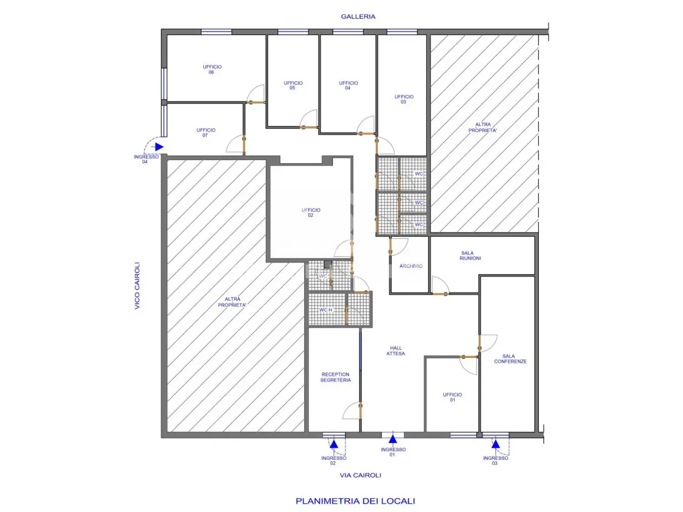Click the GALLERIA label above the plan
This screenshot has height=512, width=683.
click(358, 17)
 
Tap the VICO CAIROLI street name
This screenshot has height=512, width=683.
click(137, 286)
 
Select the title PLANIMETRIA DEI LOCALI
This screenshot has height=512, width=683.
click(355, 501)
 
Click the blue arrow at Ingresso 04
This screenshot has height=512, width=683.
click(159, 147)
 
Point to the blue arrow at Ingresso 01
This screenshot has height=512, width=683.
click(393, 439)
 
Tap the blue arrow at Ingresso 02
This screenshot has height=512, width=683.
click(334, 444)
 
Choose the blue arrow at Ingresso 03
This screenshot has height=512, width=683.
click(496, 444)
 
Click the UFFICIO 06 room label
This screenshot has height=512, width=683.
click(212, 69)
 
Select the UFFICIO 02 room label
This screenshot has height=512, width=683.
click(311, 213)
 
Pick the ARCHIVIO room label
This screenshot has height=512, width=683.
click(411, 266)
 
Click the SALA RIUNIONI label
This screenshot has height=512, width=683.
click(470, 255)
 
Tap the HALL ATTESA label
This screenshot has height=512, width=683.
click(396, 350)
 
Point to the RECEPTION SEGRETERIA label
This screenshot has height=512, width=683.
click(336, 377)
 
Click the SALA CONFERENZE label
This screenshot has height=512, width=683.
click(510, 358)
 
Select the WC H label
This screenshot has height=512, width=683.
click(326, 310)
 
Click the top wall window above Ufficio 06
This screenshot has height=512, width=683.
click(216, 31)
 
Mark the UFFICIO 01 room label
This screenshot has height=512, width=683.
click(452, 397)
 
